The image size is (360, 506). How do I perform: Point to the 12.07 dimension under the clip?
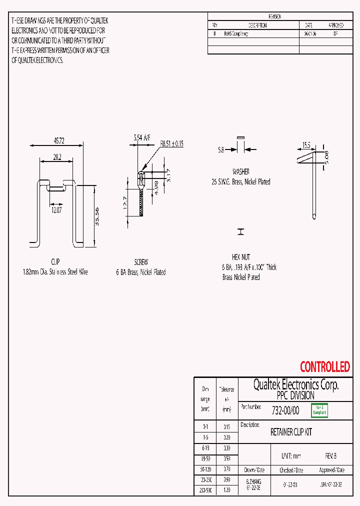point(55,210)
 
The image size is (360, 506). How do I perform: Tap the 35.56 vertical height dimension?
point(97,216)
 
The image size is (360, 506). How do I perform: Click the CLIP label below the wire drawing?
point(55,262)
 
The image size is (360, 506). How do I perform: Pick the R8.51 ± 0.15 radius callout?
point(171,143)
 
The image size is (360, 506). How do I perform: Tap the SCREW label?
point(141,262)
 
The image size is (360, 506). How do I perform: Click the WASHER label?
point(240,171)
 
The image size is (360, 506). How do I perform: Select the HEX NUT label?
point(241,257)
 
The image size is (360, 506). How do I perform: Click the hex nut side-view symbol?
point(241,232)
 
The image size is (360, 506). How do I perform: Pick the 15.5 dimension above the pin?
point(306,145)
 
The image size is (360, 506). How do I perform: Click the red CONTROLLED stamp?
point(324,367)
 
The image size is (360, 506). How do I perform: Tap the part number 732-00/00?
point(285,410)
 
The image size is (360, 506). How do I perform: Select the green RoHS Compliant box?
point(319,410)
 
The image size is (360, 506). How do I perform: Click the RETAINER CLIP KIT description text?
point(291,432)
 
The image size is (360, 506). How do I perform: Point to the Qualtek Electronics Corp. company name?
point(295,384)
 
